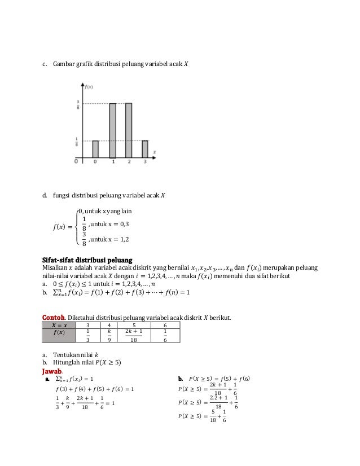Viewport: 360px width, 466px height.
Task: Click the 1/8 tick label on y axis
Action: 78,140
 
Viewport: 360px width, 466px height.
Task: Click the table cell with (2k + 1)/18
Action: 134,335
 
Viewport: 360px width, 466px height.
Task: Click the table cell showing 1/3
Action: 87,335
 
